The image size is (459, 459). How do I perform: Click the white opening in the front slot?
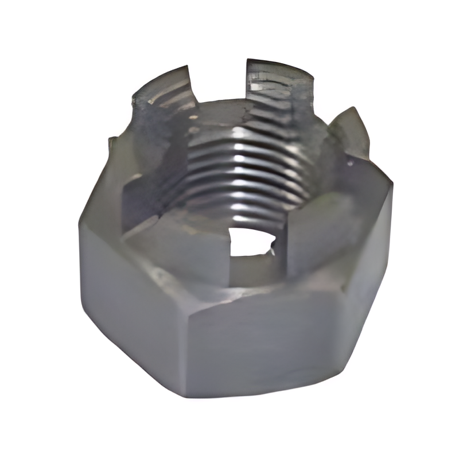248,241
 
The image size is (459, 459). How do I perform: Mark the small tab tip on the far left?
113,143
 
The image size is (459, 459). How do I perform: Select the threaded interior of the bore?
247,172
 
